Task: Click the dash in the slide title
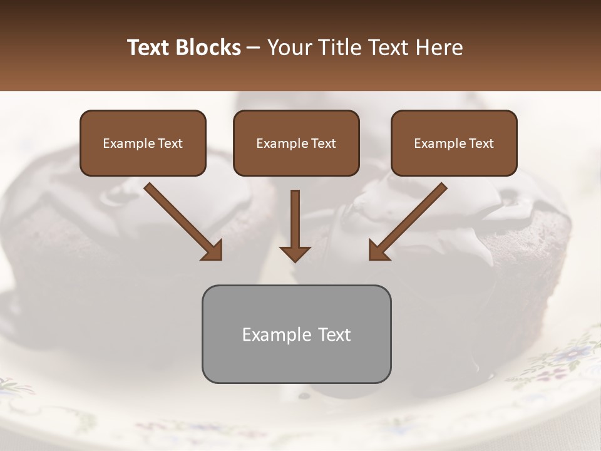pos(254,48)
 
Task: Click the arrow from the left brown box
pos(182,220)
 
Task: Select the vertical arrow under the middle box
pos(295,219)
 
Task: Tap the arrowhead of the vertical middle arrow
pos(295,253)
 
